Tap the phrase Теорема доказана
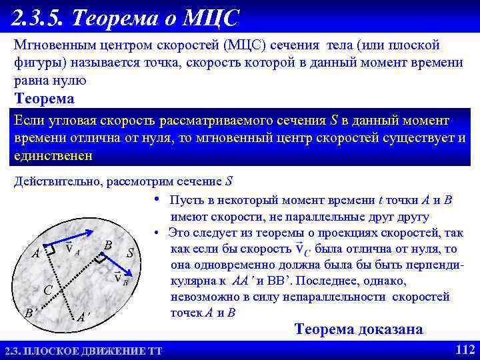[359, 329]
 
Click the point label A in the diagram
[35, 254]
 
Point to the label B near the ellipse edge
[107, 245]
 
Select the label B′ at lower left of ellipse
[29, 313]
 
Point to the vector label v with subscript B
[121, 279]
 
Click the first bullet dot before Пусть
[155, 199]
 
